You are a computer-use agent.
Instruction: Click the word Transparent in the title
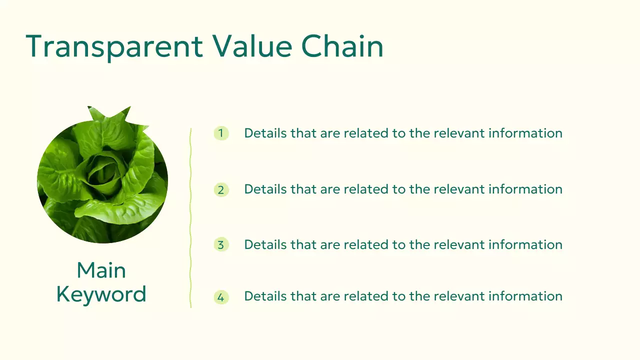114,46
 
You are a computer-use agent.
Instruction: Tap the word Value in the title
252,46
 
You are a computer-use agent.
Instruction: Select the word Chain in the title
342,46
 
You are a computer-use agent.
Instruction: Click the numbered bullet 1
221,133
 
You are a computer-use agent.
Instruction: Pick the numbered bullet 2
221,190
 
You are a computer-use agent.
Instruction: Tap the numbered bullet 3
221,245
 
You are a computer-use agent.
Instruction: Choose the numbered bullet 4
221,297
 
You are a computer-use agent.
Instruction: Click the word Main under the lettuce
101,270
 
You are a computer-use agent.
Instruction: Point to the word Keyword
101,294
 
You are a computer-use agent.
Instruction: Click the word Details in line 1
265,133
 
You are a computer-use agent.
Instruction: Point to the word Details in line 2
265,189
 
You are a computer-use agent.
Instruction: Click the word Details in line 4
265,296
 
